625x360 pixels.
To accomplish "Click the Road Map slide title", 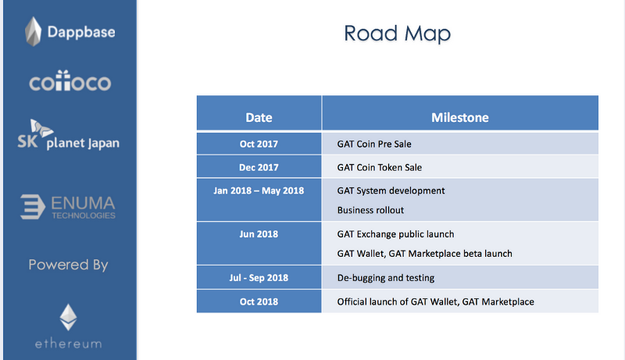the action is point(398,34).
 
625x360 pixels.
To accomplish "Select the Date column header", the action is point(259,113).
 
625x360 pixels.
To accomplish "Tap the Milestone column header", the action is point(460,113).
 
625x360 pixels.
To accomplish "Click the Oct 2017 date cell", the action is point(259,144).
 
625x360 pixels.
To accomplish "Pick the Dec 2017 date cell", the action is point(259,166).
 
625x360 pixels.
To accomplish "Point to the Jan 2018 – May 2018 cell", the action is point(259,199).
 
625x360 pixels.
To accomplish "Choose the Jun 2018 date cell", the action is point(259,244).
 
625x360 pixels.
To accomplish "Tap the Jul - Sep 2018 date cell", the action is point(259,277).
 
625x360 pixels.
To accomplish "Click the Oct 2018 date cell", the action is point(259,301).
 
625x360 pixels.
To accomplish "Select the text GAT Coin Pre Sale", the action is point(374,144).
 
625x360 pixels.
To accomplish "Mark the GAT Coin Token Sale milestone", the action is point(380,167).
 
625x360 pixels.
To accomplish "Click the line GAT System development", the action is point(391,191).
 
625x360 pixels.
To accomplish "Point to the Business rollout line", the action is point(370,210).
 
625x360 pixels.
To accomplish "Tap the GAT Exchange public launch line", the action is point(396,234).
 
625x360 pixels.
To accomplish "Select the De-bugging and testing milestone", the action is point(386,278).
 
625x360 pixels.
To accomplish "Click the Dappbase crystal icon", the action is point(33,31).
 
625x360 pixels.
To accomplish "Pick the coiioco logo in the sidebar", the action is point(70,81).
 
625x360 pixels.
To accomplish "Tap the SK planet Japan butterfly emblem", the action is point(41,128).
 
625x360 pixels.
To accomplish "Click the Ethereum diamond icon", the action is point(68,317).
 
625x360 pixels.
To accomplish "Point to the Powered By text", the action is point(68,265).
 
